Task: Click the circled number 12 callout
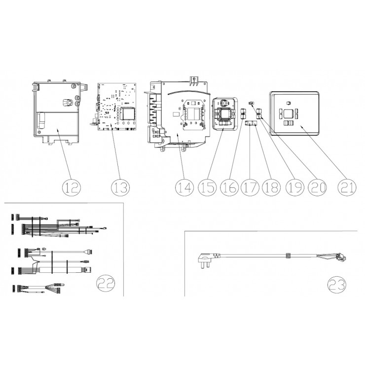pos(72,187)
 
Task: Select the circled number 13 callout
pos(120,187)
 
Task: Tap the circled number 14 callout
pos(184,187)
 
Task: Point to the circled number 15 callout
pos(207,187)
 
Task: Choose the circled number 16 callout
pos(229,187)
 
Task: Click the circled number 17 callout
pos(250,187)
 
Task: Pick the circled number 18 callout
pos(271,187)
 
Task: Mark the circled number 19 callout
pos(295,187)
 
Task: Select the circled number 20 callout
pos(318,187)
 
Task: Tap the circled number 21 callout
pos(347,187)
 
